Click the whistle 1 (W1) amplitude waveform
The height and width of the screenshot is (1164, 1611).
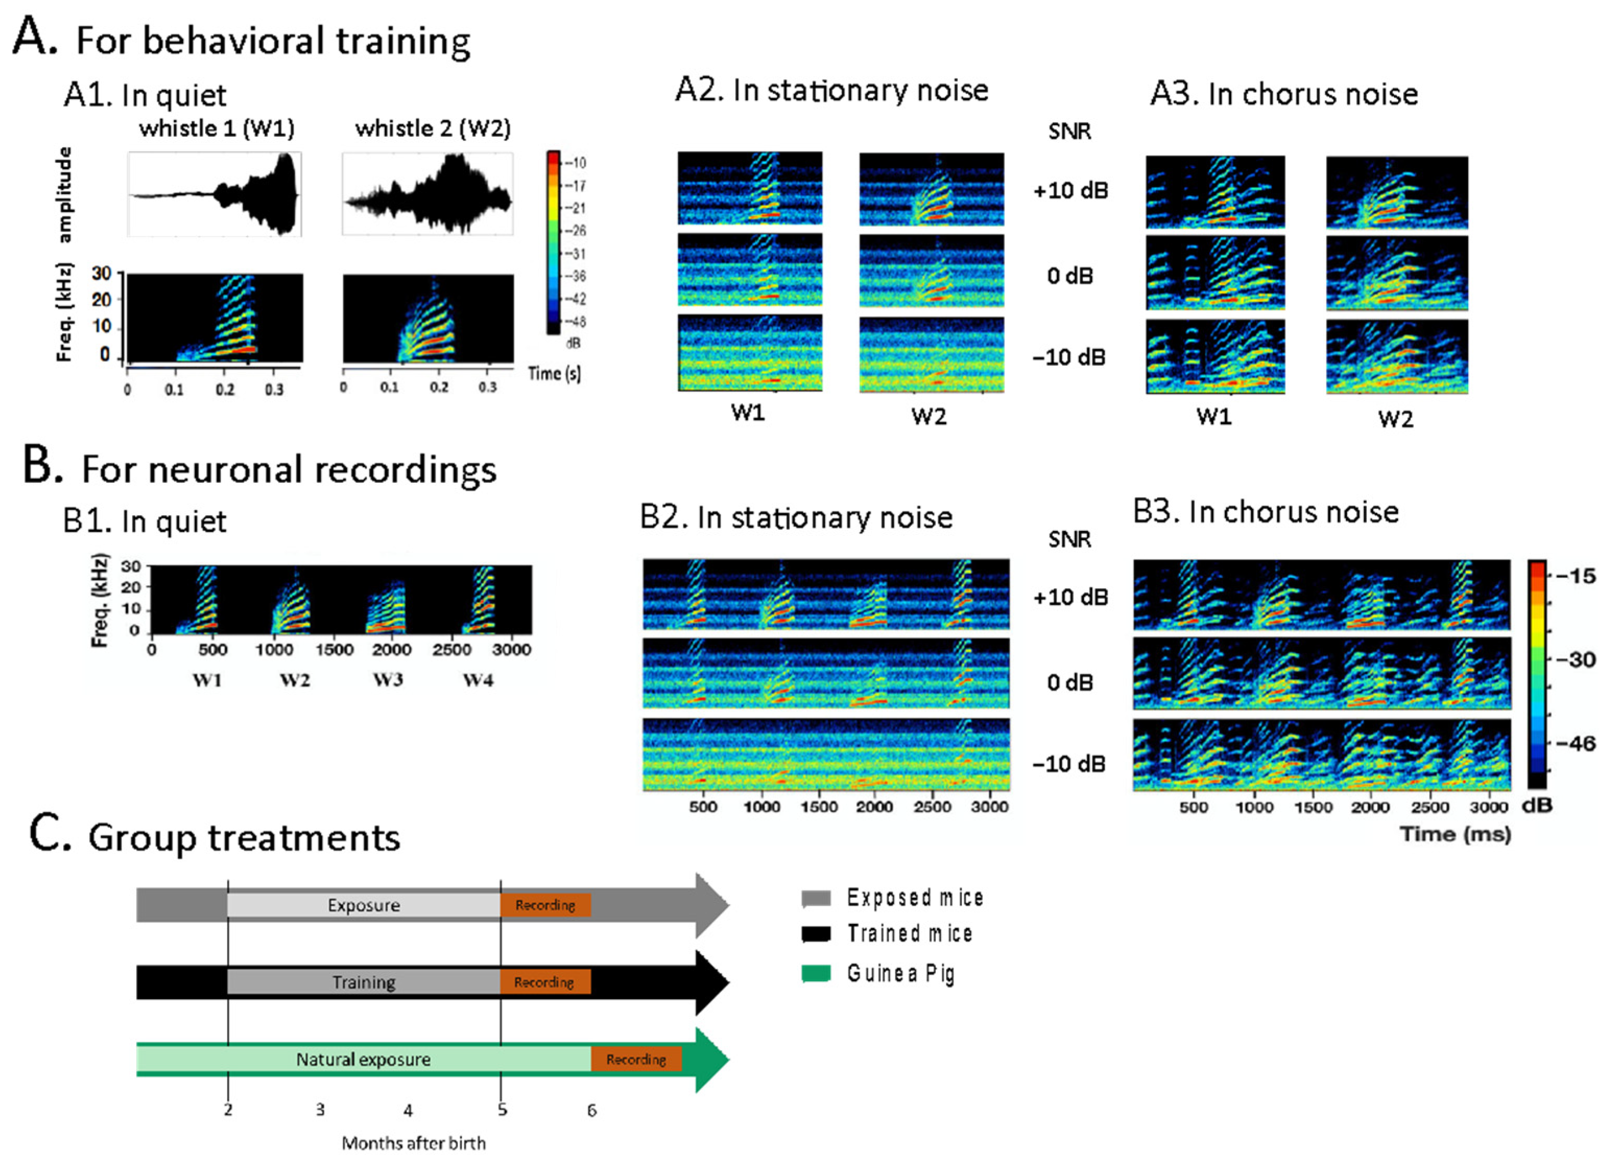tap(214, 194)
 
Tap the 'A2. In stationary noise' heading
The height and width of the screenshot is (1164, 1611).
tap(831, 90)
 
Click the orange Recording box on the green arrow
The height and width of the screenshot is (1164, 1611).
tap(636, 1059)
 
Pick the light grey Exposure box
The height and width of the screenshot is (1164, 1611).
tap(364, 905)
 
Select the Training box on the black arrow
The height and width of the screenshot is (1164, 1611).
tap(364, 982)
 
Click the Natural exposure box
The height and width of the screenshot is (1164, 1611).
tap(364, 1059)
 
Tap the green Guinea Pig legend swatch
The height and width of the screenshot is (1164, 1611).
tap(816, 973)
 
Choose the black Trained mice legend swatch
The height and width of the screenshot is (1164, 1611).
tap(816, 934)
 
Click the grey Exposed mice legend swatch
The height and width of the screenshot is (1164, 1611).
tap(816, 898)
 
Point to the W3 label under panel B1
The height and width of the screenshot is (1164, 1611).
tap(388, 680)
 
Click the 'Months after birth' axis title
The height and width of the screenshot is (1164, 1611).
tap(413, 1143)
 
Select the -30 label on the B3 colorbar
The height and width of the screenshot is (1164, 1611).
tap(1575, 659)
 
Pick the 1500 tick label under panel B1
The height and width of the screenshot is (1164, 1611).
tap(334, 649)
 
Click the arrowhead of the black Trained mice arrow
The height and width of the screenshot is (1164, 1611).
tap(712, 982)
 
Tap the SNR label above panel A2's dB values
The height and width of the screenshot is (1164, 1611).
tap(1069, 132)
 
